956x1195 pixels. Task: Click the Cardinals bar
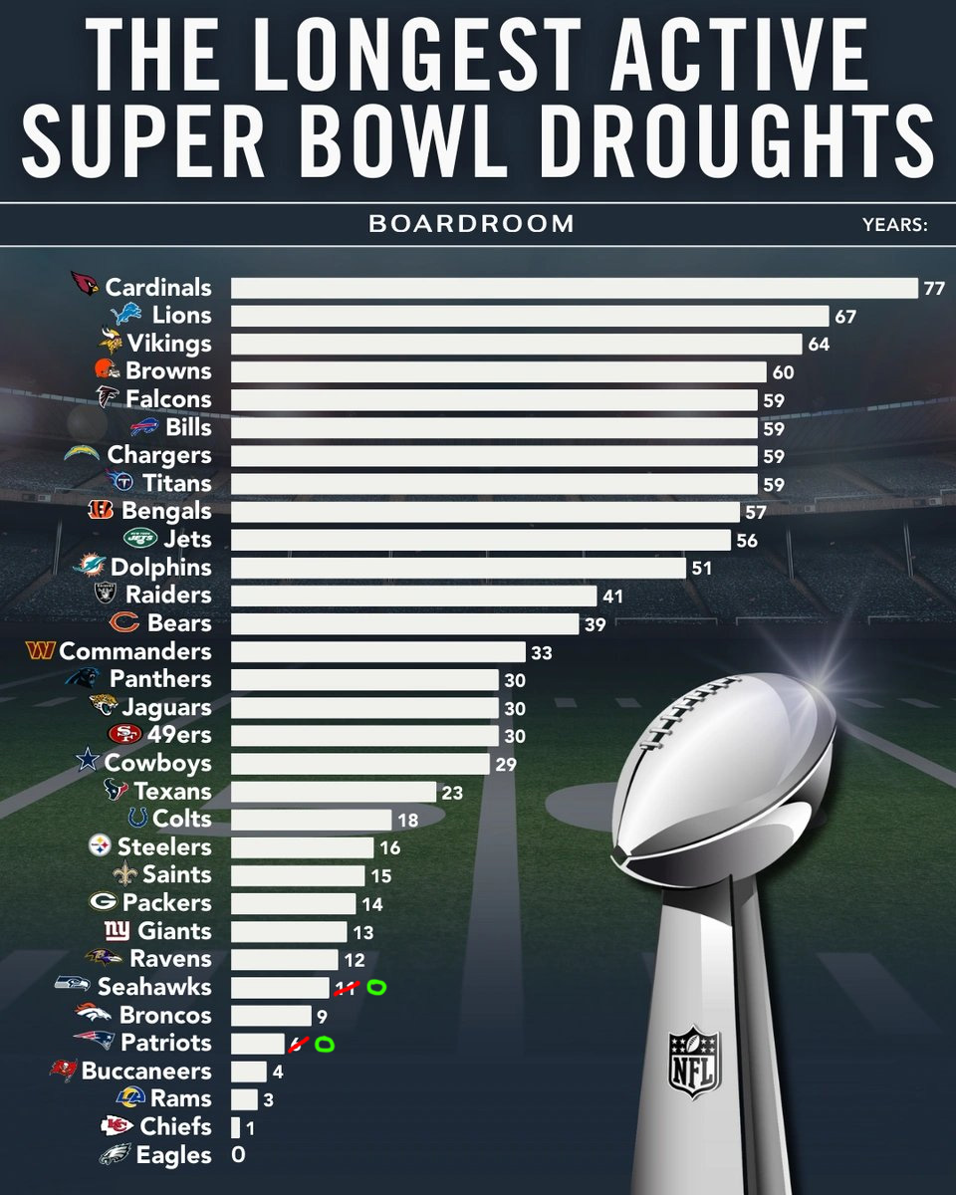[574, 288]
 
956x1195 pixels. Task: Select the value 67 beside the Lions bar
[846, 317]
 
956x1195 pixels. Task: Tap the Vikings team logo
[110, 344]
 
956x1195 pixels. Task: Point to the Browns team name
[168, 371]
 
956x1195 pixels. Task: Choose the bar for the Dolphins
[458, 568]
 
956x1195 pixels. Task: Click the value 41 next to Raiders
[612, 596]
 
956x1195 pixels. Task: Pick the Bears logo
[123, 623]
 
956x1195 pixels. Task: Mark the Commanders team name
[135, 651]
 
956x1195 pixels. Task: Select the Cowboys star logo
[90, 763]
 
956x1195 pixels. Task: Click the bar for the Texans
[334, 792]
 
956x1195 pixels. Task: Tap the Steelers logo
[102, 847]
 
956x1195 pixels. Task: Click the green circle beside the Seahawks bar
[376, 987]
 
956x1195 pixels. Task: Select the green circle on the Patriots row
[324, 1044]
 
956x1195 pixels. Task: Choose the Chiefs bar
[235, 1127]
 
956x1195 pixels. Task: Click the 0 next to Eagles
[238, 1155]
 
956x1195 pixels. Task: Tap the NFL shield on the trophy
[693, 1062]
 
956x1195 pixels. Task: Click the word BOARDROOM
[471, 224]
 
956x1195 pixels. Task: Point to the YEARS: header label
[895, 224]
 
